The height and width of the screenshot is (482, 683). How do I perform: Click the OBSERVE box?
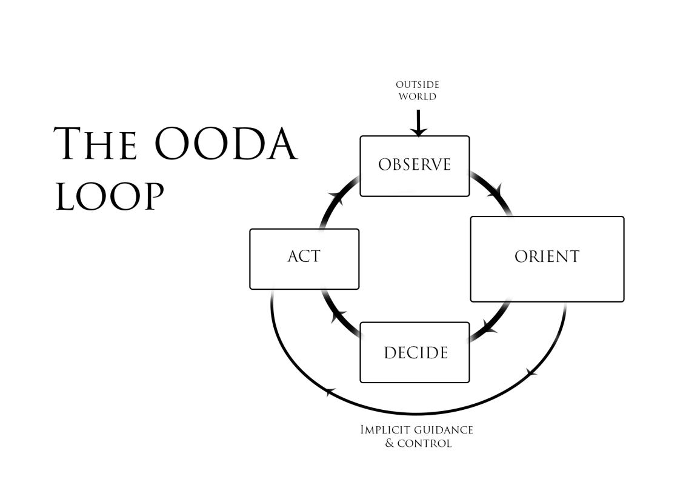415,166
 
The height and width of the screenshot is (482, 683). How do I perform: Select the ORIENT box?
547,258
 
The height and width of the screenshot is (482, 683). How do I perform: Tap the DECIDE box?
415,352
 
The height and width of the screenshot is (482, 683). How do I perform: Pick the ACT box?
304,258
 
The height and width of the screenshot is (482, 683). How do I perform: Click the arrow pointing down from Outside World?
418,122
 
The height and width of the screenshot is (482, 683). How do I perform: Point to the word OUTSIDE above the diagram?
417,85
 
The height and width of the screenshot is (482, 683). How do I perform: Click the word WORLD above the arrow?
417,96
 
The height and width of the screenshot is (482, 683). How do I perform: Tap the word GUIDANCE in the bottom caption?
439,430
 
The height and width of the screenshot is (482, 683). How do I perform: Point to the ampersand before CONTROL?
390,443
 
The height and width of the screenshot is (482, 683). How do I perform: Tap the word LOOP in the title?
110,195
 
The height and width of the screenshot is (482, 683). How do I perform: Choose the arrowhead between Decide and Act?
338,315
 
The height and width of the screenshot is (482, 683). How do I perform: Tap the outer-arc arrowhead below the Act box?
329,392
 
